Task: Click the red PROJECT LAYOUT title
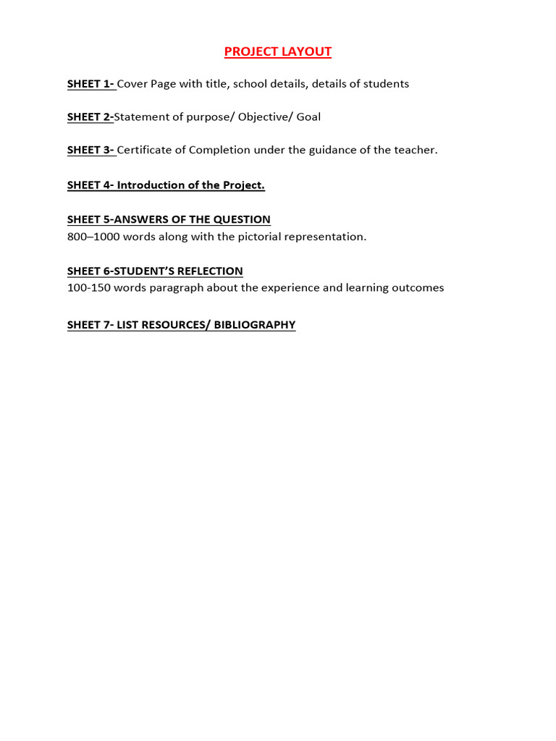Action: click(277, 51)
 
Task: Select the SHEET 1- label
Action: click(90, 84)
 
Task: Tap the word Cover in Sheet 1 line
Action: click(132, 84)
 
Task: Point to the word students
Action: click(386, 84)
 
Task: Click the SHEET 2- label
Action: click(90, 117)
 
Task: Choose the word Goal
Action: click(308, 117)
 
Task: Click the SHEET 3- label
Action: click(90, 150)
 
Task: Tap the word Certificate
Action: click(144, 150)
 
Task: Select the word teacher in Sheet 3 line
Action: click(414, 150)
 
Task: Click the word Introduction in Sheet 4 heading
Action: click(151, 185)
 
